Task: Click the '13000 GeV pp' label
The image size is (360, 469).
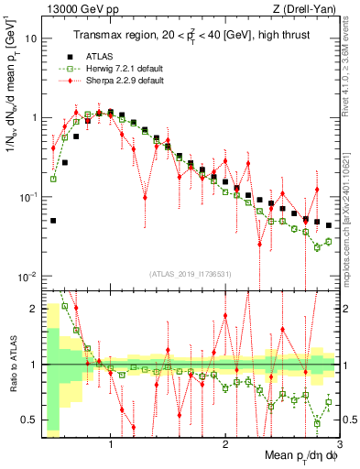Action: point(73,9)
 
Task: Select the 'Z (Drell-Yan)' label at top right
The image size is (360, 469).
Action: point(307,9)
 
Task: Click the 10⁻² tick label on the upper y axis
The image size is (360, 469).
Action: point(29,277)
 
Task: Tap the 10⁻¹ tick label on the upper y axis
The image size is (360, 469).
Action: point(29,197)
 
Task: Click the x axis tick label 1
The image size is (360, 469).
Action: point(111,444)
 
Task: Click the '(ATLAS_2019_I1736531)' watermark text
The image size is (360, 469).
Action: point(190,274)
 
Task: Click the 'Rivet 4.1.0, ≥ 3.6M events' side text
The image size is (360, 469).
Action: point(352,73)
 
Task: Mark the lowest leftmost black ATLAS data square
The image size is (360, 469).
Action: point(54,221)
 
